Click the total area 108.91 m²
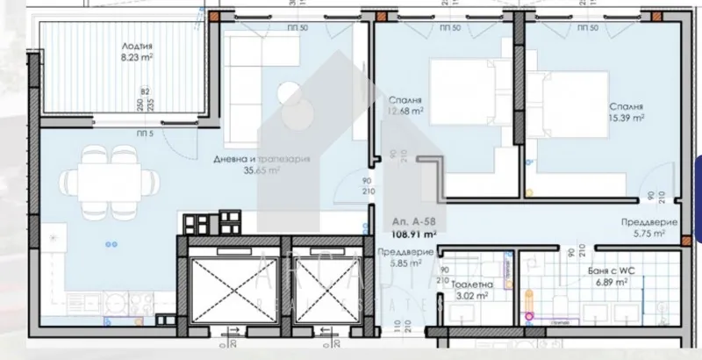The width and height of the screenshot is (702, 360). pos(413,234)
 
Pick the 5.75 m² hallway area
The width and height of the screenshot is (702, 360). pos(648,234)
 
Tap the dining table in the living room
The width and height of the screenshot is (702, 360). pos(99,182)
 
